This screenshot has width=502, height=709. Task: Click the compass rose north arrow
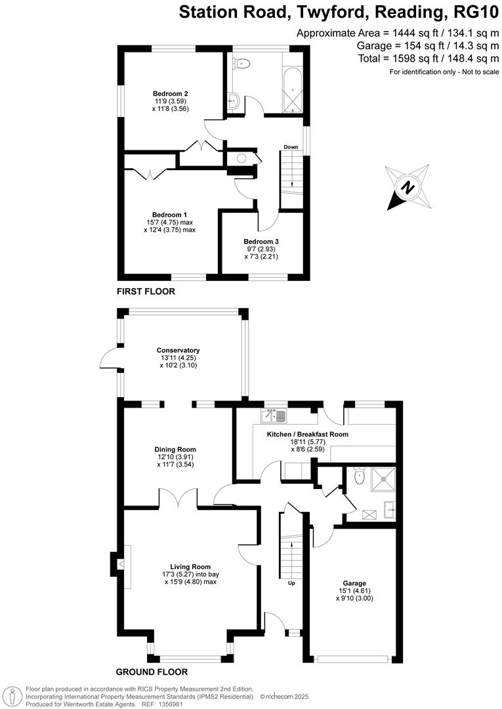408,188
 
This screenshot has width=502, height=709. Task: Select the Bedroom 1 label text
169,215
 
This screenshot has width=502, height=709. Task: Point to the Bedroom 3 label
261,242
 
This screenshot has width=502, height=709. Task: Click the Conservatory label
178,351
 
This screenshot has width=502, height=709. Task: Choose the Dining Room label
170,449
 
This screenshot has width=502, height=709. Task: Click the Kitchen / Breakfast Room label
307,435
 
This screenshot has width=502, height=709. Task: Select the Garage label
354,583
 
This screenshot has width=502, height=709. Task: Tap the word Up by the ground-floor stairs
291,582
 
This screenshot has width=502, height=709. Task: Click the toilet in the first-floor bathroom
242,64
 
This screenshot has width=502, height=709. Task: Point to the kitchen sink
274,415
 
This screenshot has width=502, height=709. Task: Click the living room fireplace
119,563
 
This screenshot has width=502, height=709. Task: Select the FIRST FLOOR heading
146,291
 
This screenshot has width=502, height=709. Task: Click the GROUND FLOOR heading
152,672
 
